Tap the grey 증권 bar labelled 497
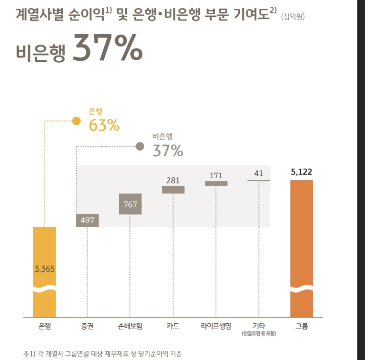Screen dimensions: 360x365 (87, 220)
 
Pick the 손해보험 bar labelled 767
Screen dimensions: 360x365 (130, 204)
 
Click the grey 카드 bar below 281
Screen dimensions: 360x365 (173, 189)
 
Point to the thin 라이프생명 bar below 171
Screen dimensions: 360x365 (216, 183)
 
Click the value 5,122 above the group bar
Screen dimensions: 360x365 (301, 172)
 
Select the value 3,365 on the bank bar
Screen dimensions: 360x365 (44, 269)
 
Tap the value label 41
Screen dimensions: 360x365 (259, 174)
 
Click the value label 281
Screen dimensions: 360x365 (173, 180)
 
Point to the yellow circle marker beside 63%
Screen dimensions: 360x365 (76, 121)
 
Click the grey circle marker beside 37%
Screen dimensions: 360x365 (140, 147)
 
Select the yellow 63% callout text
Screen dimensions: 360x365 (104, 125)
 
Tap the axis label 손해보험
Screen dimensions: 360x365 (130, 325)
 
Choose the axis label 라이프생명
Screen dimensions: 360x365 (216, 325)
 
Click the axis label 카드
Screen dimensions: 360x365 (173, 325)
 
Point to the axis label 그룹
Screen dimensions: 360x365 (301, 325)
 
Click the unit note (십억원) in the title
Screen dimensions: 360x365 (293, 17)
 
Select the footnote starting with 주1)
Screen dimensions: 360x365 (102, 353)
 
